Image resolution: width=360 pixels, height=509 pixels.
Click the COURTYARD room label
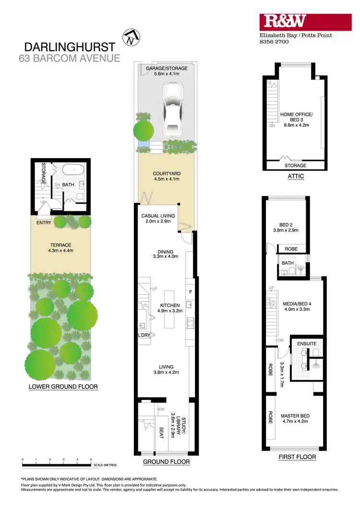167,174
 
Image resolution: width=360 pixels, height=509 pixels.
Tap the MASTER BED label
295,416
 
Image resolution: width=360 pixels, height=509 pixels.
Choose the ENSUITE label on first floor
306,344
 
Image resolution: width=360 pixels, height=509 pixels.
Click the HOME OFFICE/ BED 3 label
296,117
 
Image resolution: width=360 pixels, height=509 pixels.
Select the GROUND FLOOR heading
167,462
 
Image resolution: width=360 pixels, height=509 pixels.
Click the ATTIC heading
296,176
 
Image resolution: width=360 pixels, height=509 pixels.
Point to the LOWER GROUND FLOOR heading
63,386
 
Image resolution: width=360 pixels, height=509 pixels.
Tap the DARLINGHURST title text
70,47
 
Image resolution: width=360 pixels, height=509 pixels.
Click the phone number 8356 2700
273,42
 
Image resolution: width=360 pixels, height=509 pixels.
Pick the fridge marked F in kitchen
191,291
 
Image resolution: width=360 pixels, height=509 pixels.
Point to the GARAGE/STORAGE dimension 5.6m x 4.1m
167,74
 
